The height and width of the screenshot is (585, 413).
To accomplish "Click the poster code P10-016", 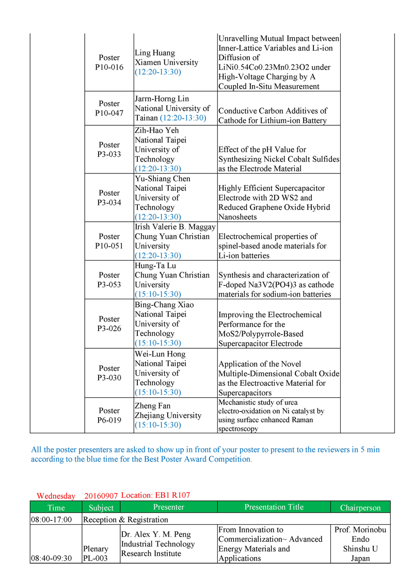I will pos(109,67).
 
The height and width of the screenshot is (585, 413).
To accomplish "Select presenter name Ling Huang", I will pos(154,53).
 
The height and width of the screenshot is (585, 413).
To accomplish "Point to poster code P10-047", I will pos(109,113).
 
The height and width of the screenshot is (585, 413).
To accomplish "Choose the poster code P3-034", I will pos(109,202).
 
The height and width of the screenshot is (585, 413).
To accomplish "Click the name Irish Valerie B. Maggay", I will pos(176,227).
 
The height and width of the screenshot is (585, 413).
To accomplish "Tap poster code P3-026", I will pos(109,329).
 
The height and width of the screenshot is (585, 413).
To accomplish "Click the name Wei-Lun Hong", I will pos(160,354).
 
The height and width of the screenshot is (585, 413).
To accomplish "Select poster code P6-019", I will pos(109,420).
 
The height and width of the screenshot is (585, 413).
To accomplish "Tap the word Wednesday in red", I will pos(56,496).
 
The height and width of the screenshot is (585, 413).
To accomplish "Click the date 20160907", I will pos(101,496).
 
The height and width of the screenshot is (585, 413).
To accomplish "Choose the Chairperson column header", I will pos(360,508).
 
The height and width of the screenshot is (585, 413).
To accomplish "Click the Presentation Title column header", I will pos(274,507).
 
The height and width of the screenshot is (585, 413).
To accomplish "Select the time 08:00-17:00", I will pos(52,519).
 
